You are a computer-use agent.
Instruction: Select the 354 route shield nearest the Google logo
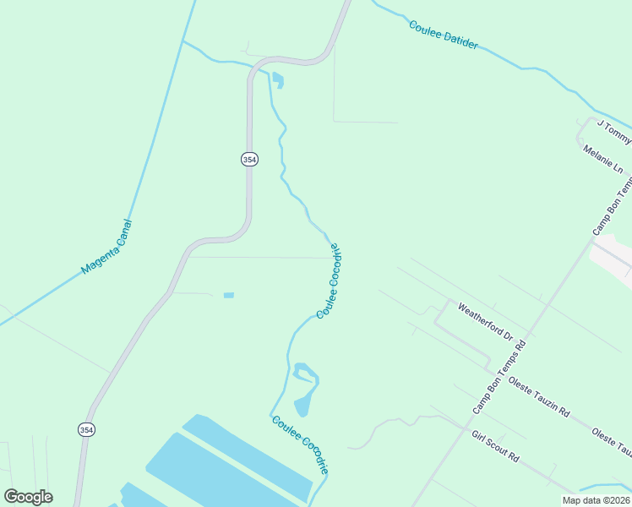(86, 429)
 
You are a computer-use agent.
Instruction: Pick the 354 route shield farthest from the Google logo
(248, 159)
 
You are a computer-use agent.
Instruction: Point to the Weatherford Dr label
(485, 321)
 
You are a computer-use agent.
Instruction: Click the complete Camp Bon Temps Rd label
(499, 376)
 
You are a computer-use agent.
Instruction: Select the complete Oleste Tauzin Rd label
(539, 397)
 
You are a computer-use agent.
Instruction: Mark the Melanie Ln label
(602, 159)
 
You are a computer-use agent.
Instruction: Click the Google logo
(28, 497)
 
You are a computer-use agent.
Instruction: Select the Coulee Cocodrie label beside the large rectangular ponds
(299, 444)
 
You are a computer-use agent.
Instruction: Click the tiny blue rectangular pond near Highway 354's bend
(228, 295)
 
